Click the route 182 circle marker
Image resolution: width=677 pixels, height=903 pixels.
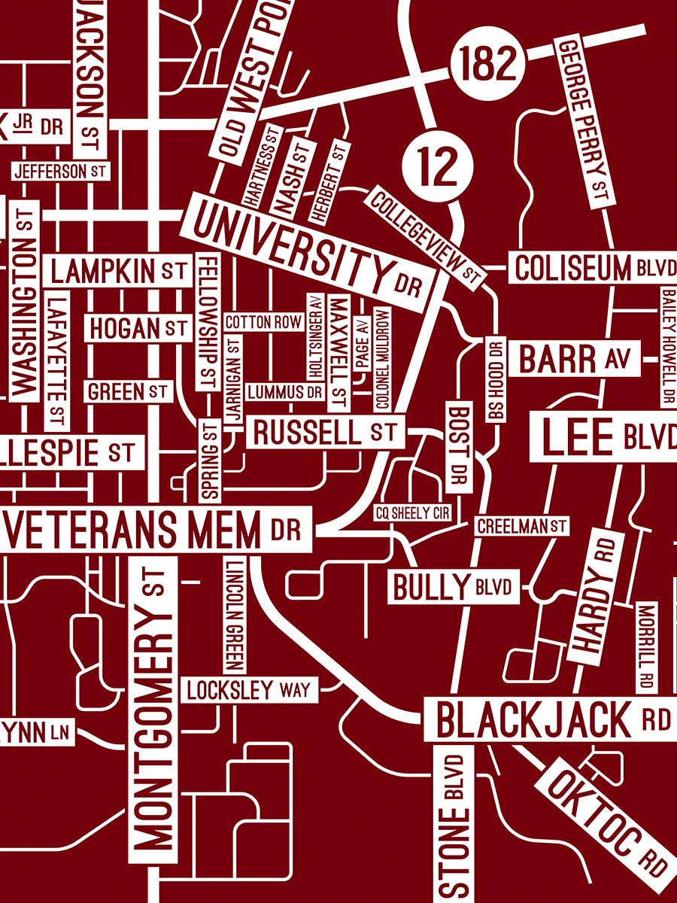[x=486, y=63]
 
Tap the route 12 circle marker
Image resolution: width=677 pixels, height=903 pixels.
[x=437, y=167]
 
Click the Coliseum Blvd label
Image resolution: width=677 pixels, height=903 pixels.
[x=593, y=268]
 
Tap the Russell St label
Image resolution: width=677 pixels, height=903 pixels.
[x=326, y=433]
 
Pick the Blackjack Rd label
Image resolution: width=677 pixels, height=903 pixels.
[x=550, y=720]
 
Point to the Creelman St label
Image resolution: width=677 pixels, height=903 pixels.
[x=521, y=526]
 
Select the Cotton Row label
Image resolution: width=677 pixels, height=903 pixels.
[x=263, y=322]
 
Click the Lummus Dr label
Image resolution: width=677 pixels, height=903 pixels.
[x=284, y=392]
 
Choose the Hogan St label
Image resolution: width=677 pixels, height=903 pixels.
[x=138, y=328]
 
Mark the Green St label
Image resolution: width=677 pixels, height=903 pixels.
[x=127, y=391]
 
